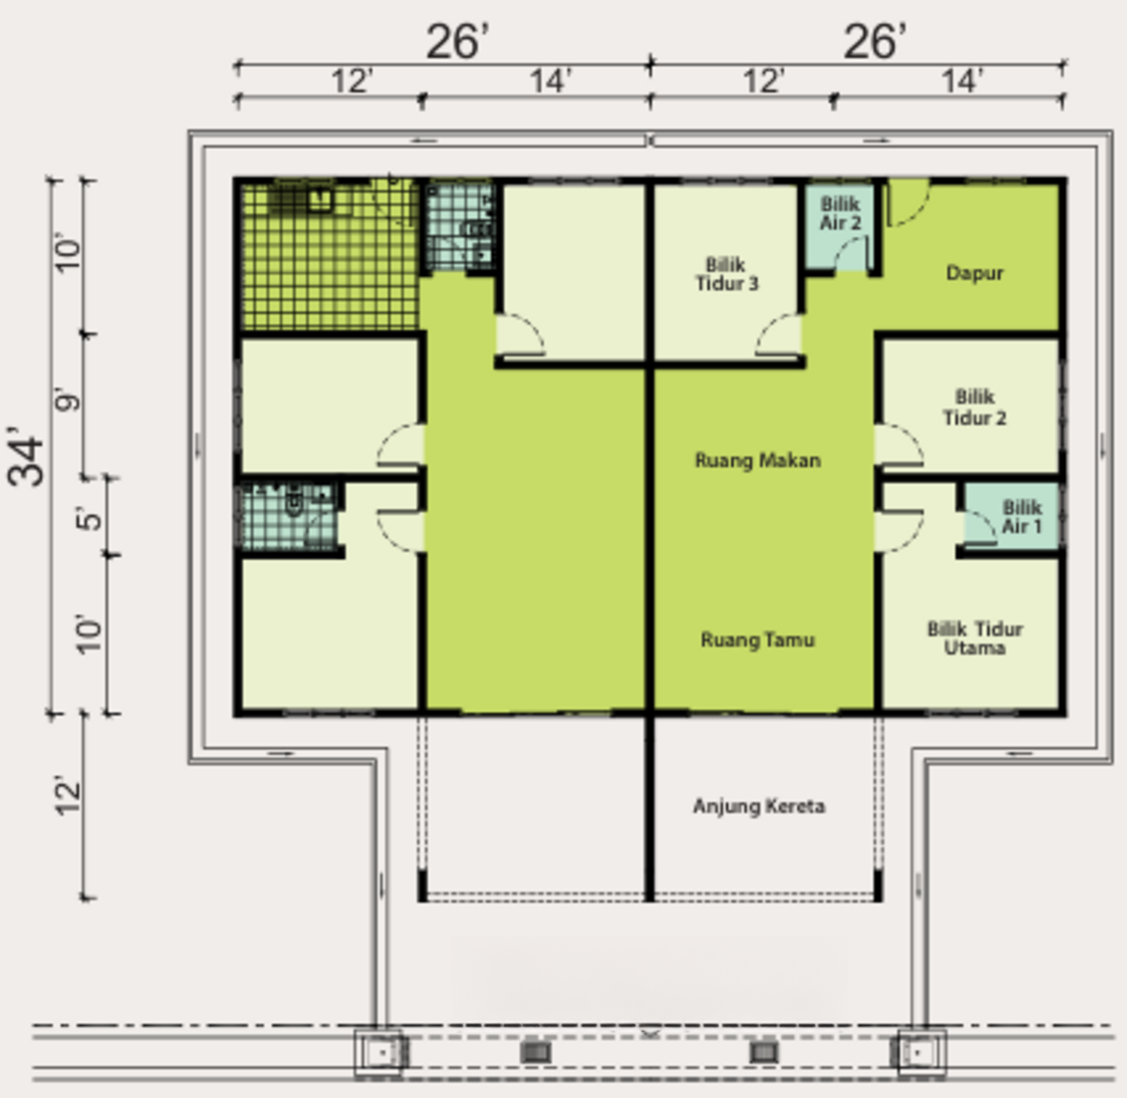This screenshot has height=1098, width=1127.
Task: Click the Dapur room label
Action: [x=974, y=273]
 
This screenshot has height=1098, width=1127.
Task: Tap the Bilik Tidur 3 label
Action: [x=727, y=274]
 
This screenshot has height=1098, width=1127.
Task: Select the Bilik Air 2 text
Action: [x=840, y=213]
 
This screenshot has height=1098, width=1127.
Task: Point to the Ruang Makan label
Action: [x=757, y=460]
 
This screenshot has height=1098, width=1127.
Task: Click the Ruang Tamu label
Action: [x=757, y=640]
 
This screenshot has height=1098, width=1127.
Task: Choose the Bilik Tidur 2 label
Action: [x=974, y=407]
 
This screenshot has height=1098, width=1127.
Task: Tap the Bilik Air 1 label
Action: [x=1022, y=516]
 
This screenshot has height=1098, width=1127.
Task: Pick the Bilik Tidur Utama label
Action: [x=974, y=638]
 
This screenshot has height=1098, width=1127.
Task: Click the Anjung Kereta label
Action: [x=759, y=806]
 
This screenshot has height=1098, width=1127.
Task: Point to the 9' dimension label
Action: [x=68, y=401]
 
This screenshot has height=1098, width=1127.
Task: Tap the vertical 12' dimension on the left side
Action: [x=68, y=797]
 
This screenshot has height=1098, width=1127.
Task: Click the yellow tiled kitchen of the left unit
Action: [x=329, y=256]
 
